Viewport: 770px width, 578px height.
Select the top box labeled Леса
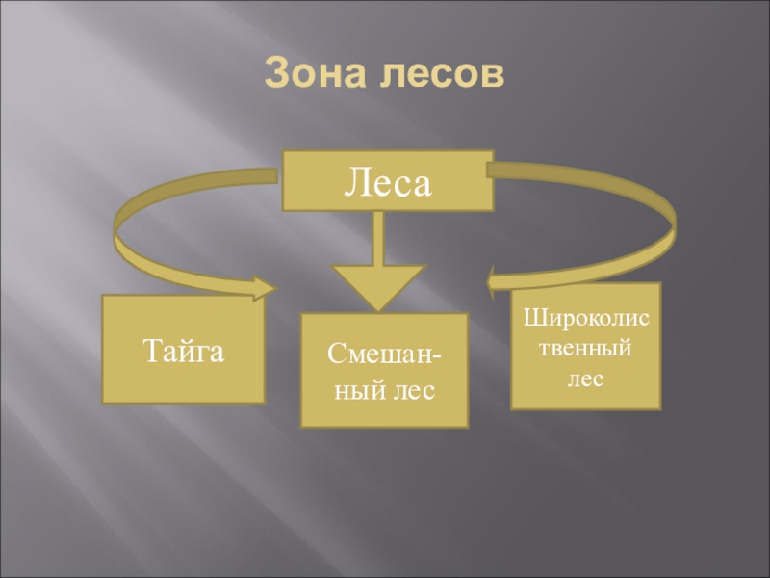[x=387, y=180]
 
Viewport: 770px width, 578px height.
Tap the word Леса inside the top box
[x=387, y=181]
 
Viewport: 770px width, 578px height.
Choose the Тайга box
[x=183, y=349]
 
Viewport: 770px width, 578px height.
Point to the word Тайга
[x=184, y=349]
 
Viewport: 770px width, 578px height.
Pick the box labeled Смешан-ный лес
[x=384, y=370]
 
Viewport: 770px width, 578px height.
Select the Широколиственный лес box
[x=585, y=345]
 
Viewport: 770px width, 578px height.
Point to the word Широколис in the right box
[x=585, y=317]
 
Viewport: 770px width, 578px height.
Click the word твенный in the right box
[x=585, y=347]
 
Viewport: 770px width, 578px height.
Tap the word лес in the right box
[x=585, y=377]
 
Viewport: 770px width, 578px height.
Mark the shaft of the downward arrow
[x=378, y=238]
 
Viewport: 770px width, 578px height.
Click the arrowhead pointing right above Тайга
[x=262, y=287]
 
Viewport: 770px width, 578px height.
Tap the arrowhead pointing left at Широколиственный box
[x=499, y=282]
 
